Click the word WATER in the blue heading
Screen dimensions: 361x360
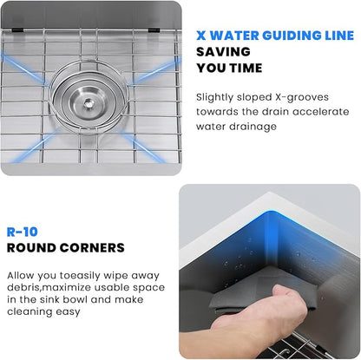(234, 36)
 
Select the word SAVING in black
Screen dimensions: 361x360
(223, 52)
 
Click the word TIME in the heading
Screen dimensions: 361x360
(246, 69)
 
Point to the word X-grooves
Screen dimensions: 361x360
(301, 97)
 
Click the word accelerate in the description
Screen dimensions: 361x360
(321, 112)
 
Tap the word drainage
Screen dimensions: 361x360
(253, 127)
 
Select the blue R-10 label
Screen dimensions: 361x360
(23, 232)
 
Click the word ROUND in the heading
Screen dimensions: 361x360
(31, 248)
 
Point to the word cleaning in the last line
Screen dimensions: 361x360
(30, 312)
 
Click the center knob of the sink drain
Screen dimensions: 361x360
(88, 102)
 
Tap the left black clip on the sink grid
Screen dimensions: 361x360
(17, 29)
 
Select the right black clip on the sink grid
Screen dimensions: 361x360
(154, 29)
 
